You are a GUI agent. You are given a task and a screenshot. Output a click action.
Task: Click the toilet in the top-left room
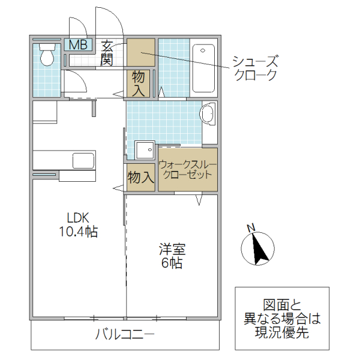pyautogui.click(x=46, y=55)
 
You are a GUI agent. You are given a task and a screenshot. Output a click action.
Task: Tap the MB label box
pyautogui.click(x=78, y=44)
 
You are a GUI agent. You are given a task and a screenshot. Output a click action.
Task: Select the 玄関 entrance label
pyautogui.click(x=108, y=52)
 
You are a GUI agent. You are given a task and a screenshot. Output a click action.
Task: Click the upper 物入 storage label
pyautogui.click(x=139, y=83)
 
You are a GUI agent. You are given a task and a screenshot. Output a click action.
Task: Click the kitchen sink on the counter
pyautogui.click(x=83, y=160)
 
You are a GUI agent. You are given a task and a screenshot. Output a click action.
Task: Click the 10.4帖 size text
pyautogui.click(x=78, y=232)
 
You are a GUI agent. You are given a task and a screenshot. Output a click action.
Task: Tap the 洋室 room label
pyautogui.click(x=172, y=249)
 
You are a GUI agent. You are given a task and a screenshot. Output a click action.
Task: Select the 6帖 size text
pyautogui.click(x=172, y=263)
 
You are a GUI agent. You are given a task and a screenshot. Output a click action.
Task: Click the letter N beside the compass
pyautogui.click(x=252, y=227)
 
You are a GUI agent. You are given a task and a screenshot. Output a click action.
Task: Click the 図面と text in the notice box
pyautogui.click(x=281, y=305)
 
